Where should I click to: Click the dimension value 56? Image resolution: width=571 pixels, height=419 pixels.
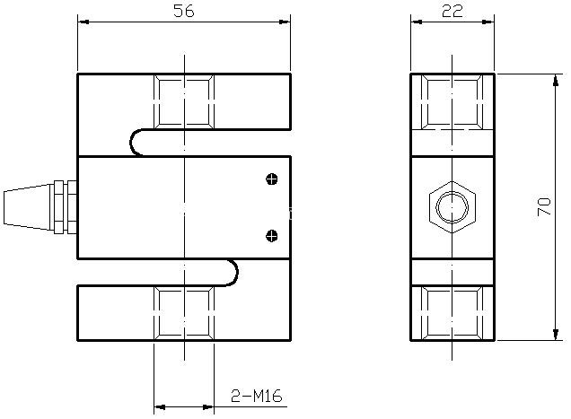tap(184, 11)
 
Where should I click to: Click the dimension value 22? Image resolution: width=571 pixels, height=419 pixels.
tap(452, 11)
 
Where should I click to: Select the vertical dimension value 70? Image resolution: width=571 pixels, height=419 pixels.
tap(544, 206)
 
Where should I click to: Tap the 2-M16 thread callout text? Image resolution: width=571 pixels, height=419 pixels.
tap(257, 396)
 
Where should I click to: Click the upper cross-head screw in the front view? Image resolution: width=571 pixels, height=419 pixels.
tap(272, 179)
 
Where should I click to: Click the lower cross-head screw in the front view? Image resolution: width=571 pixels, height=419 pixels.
tap(272, 236)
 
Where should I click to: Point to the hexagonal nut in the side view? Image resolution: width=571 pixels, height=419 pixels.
tap(452, 207)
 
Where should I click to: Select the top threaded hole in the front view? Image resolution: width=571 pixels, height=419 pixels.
tap(184, 101)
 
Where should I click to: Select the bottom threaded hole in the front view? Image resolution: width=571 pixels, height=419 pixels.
tap(184, 313)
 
